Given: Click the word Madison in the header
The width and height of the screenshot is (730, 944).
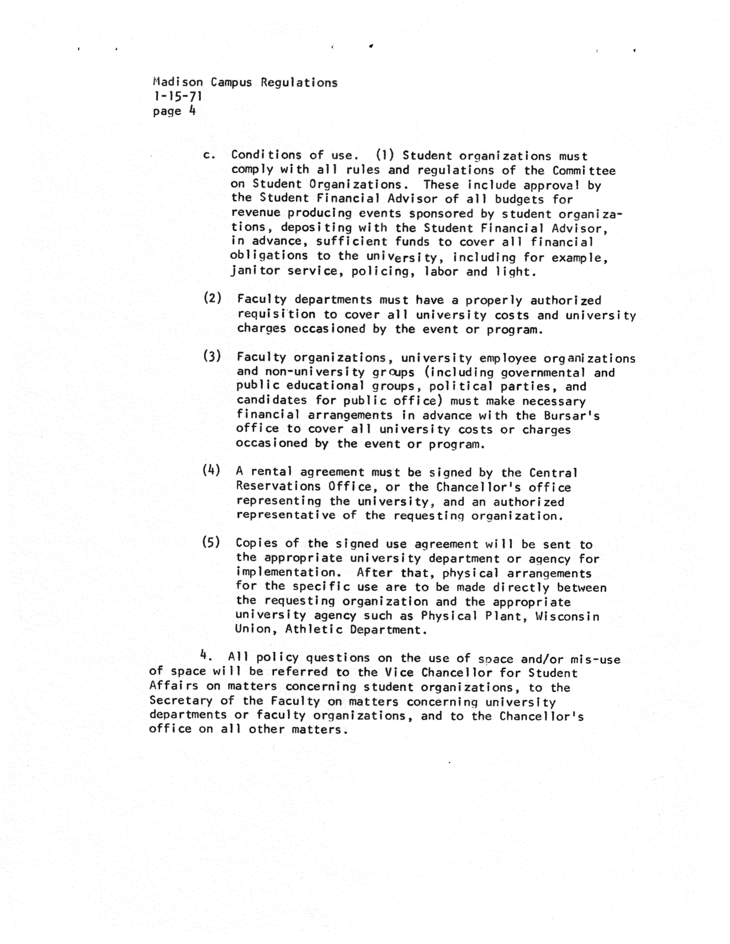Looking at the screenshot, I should pyautogui.click(x=178, y=82).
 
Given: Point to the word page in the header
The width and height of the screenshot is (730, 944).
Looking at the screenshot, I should pyautogui.click(x=167, y=112).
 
